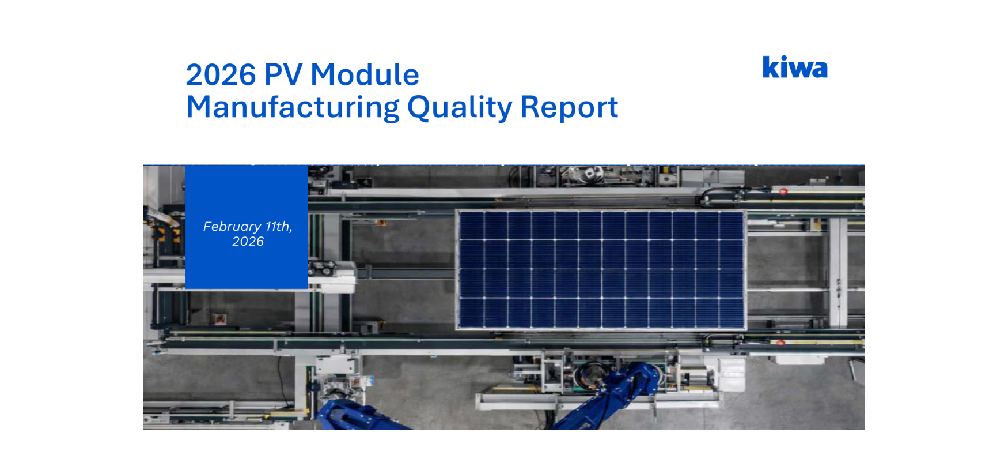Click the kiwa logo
(x=795, y=67)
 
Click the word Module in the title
(x=365, y=74)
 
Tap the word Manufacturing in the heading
(x=293, y=107)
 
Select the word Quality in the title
(x=460, y=108)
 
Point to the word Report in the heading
(x=569, y=108)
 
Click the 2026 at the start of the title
(x=221, y=74)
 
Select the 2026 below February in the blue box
(x=248, y=242)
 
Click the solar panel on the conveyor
(x=601, y=270)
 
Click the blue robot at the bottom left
(x=357, y=415)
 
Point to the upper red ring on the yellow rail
(x=783, y=191)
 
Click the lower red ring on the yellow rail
(x=780, y=343)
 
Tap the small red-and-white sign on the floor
(x=219, y=319)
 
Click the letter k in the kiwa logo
(x=770, y=67)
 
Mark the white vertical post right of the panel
(x=839, y=271)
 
